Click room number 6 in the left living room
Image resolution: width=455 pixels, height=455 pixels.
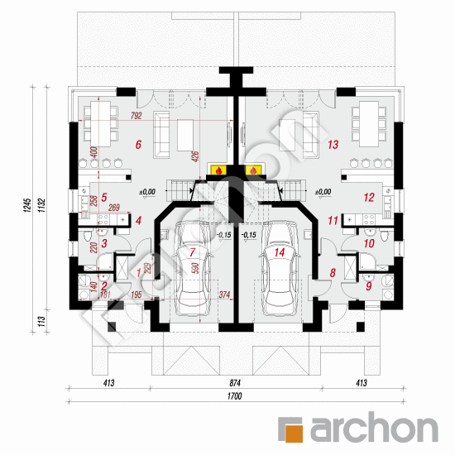(x=138, y=145)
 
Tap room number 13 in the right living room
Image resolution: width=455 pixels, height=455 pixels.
(x=333, y=145)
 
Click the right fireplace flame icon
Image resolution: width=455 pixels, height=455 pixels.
(x=253, y=170)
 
